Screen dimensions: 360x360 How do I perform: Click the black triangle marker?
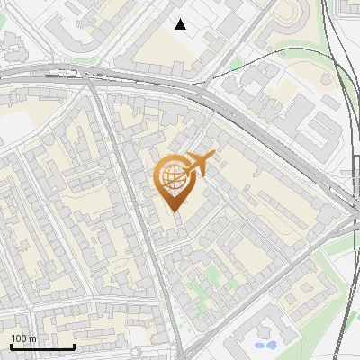[181, 24]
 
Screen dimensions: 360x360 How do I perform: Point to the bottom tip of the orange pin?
[173, 211]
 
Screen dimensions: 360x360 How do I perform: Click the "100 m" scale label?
[23, 338]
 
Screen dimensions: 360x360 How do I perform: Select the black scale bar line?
[42, 346]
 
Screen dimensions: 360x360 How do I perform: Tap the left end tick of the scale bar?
[11, 346]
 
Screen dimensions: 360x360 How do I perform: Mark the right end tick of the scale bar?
[74, 346]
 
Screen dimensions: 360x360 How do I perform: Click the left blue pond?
[259, 344]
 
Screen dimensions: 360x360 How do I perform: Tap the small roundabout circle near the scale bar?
[135, 352]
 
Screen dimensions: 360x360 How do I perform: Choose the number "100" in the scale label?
[19, 338]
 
